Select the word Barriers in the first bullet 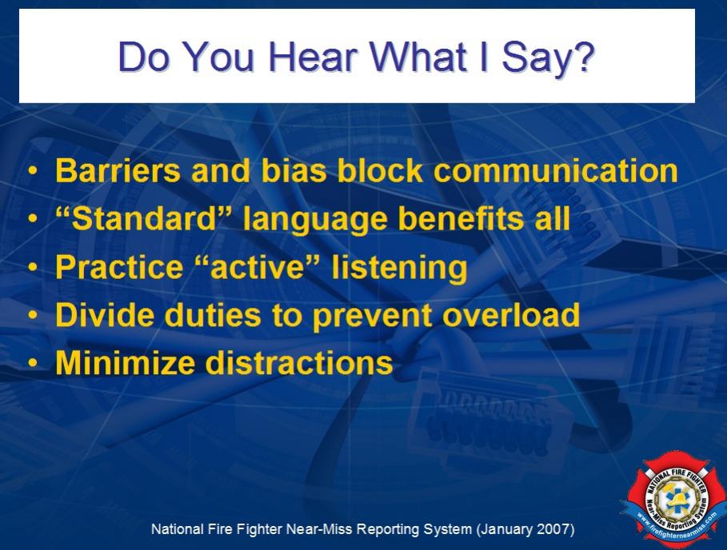pos(118,170)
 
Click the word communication pos(556,170)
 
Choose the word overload pos(511,315)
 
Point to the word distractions pos(299,363)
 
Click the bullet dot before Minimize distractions pos(32,363)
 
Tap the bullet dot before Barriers pos(32,171)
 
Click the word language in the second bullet pos(315,220)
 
